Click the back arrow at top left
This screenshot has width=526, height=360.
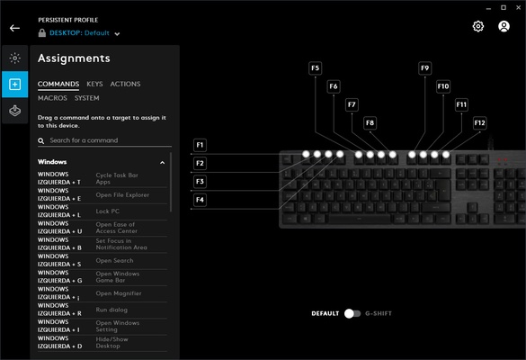pos(14,28)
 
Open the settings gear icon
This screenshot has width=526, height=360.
pos(478,26)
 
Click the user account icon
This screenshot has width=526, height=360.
pos(504,26)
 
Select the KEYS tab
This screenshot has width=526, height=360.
pos(94,84)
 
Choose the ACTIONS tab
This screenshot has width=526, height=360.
pos(125,84)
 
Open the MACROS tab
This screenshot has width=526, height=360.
pos(52,97)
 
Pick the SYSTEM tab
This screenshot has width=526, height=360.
pos(87,97)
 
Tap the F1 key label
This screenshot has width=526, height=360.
pos(200,145)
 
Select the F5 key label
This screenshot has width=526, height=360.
pos(315,67)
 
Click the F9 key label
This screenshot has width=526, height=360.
pos(425,67)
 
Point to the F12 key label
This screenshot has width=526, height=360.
pos(479,122)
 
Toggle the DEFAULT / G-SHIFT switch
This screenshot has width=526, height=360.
pos(352,313)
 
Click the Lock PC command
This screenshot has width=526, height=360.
pos(108,211)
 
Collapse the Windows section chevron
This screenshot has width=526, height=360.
pos(162,162)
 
